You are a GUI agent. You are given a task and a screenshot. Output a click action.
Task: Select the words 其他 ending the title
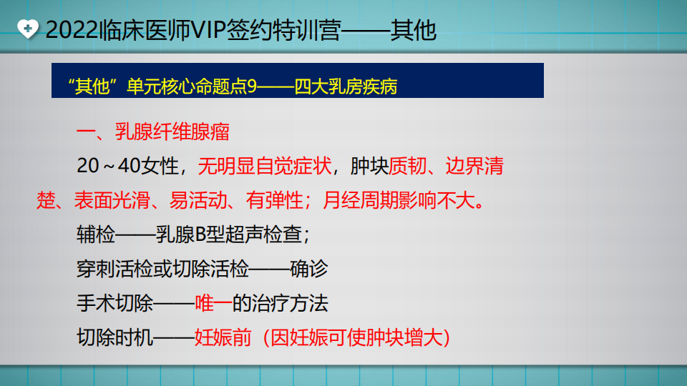click(x=413, y=30)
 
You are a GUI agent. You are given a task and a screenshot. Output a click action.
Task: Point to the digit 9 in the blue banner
click(x=251, y=86)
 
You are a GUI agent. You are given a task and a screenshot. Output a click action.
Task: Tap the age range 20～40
click(x=109, y=167)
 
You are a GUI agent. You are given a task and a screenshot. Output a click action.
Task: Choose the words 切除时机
click(x=114, y=337)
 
